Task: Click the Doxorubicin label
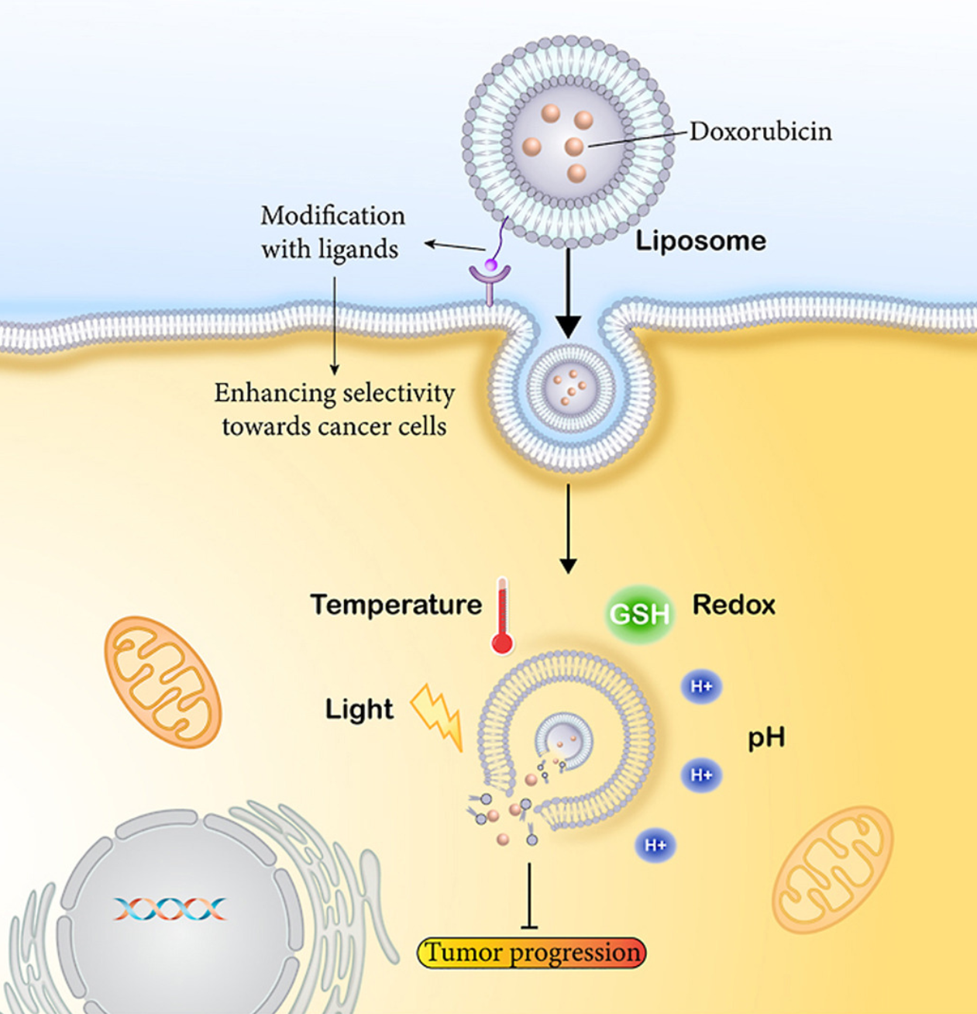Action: pyautogui.click(x=760, y=131)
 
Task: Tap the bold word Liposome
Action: pyautogui.click(x=700, y=240)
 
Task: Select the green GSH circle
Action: pyautogui.click(x=638, y=614)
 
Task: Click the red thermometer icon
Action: pyautogui.click(x=502, y=617)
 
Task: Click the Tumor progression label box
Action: pyautogui.click(x=532, y=953)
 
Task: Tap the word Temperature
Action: pyautogui.click(x=396, y=605)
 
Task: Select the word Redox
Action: pyautogui.click(x=733, y=605)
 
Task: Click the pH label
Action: pyautogui.click(x=765, y=737)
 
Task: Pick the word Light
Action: pyautogui.click(x=359, y=709)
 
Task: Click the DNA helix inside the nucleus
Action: pyautogui.click(x=170, y=909)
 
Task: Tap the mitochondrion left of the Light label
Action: pyautogui.click(x=163, y=681)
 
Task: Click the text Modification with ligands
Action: pyautogui.click(x=332, y=232)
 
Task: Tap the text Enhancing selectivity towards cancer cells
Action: pyautogui.click(x=334, y=409)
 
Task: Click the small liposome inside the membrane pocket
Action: pyautogui.click(x=570, y=387)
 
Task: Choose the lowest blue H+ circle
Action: pyautogui.click(x=655, y=844)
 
